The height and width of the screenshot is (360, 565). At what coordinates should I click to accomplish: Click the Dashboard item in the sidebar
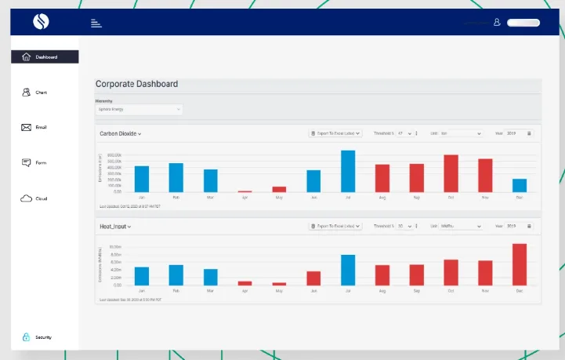[45, 56]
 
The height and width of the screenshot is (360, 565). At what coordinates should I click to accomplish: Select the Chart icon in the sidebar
[26, 92]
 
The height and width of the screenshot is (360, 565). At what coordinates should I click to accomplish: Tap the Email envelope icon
[26, 127]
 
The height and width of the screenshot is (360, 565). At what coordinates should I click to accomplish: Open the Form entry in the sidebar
[26, 162]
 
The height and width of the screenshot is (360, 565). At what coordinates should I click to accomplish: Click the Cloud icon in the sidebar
[26, 198]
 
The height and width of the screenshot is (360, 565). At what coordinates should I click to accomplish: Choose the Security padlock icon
[26, 337]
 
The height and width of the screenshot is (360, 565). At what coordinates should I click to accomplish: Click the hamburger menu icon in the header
[96, 23]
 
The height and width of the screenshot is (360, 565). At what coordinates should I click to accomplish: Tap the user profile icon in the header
[497, 23]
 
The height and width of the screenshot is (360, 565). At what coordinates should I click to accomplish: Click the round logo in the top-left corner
[41, 22]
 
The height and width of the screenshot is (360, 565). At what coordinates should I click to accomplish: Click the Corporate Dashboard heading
[136, 84]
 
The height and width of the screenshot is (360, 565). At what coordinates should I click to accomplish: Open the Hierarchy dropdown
[139, 109]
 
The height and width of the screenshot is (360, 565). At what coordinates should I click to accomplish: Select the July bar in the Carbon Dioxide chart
[348, 171]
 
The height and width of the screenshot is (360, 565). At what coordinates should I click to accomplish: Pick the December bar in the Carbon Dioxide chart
[520, 185]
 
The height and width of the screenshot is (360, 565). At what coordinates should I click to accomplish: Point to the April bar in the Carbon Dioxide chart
[245, 191]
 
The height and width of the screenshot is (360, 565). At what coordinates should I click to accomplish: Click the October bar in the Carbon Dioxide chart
[451, 173]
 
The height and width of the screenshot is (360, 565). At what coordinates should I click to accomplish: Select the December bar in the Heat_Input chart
[520, 264]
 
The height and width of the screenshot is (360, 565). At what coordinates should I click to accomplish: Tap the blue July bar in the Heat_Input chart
[348, 270]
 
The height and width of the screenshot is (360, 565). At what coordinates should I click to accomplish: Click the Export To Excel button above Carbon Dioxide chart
[335, 133]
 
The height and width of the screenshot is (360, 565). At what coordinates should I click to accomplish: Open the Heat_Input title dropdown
[115, 226]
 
